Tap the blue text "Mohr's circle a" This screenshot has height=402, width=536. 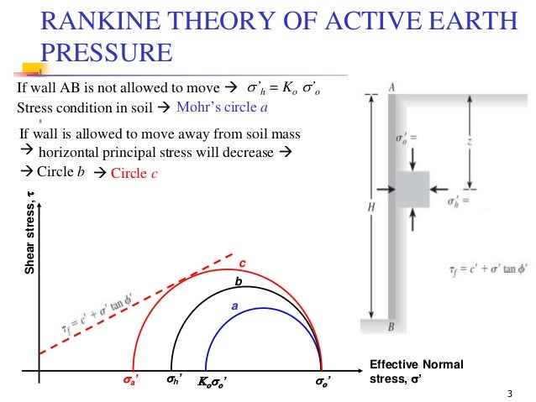[x=223, y=107]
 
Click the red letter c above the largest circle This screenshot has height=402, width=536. [x=242, y=263]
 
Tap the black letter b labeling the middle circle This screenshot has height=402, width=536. [x=238, y=282]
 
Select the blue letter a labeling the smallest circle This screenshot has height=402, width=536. [x=234, y=307]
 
